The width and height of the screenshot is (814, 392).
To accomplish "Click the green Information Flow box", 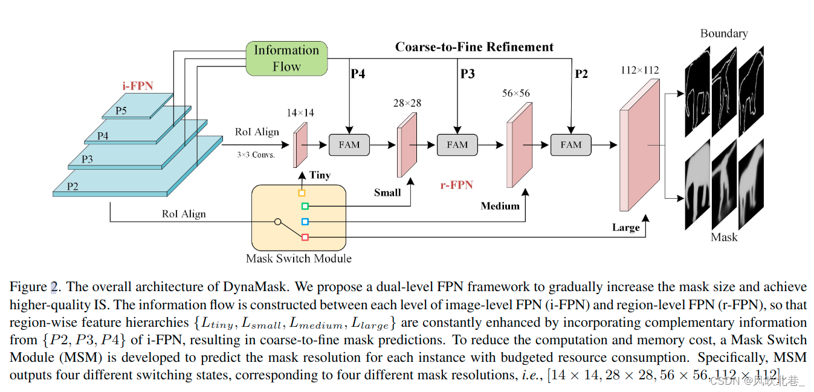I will click(286, 59).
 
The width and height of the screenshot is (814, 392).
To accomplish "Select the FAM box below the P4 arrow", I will click(349, 145).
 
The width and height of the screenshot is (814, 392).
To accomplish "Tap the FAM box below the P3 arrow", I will click(457, 145).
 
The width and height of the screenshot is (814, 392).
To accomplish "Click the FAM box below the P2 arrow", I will click(570, 145).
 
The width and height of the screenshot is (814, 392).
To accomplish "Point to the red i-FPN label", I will click(138, 86).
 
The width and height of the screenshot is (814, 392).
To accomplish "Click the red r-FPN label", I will click(456, 185).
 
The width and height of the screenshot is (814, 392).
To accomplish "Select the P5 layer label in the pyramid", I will click(121, 111).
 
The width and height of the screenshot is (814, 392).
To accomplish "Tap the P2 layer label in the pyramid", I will click(73, 187).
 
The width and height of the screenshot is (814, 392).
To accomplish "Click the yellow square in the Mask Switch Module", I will click(302, 193).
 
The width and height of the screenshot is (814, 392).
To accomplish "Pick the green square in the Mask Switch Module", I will click(305, 207).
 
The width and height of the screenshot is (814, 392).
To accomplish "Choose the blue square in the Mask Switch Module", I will click(305, 222).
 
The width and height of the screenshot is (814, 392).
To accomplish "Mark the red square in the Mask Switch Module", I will click(305, 237).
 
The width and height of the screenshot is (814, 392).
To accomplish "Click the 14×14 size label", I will click(300, 113).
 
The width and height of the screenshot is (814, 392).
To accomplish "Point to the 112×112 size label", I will click(639, 71).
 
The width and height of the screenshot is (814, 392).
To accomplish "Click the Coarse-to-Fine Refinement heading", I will click(474, 47).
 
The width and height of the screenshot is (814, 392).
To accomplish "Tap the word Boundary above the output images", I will click(723, 33).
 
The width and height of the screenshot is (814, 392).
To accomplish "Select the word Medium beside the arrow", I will click(500, 206).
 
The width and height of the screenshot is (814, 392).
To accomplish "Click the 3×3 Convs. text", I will click(256, 155).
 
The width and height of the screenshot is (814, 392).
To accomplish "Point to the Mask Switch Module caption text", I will click(299, 259).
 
